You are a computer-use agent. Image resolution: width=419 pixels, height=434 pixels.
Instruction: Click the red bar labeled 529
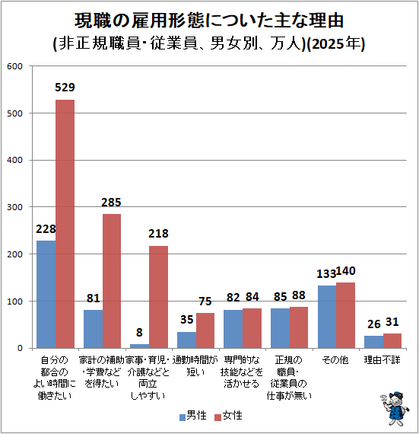[x=65, y=224]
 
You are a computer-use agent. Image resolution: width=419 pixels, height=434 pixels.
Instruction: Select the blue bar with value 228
[x=46, y=295]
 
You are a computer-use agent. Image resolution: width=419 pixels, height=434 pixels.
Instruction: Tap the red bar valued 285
[x=112, y=281]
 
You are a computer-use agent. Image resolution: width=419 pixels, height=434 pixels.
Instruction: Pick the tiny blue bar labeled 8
[x=140, y=346]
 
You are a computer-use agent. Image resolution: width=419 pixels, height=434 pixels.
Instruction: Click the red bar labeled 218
[x=158, y=297]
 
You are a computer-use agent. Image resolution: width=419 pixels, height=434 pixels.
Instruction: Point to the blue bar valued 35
[x=186, y=340]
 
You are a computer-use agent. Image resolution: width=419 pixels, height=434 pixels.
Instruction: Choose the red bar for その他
[x=345, y=315]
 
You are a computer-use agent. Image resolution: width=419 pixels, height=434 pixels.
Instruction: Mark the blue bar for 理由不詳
[x=373, y=342]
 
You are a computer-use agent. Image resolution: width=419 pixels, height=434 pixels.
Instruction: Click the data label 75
[x=205, y=302]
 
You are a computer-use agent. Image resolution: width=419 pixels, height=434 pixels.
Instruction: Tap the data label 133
[x=326, y=274]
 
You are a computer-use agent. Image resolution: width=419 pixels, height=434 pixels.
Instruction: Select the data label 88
[x=299, y=295]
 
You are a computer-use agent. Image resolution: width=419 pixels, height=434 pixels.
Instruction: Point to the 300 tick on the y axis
[x=14, y=207]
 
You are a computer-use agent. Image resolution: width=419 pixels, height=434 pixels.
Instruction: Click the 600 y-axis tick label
[x=14, y=66]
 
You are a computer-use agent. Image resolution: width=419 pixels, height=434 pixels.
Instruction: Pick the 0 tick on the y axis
[x=20, y=348]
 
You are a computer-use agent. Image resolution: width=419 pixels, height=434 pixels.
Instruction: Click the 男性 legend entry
[x=193, y=416]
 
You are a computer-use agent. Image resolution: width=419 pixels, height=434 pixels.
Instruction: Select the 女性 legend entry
[x=229, y=416]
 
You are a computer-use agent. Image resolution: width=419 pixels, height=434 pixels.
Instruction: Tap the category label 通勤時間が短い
[x=195, y=366]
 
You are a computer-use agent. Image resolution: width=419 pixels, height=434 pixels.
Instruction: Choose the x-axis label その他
[x=335, y=360]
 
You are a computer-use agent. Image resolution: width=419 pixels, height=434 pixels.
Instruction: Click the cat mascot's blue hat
[x=396, y=394]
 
